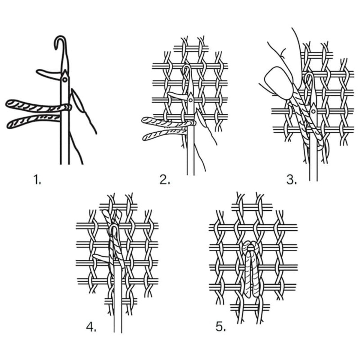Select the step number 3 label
click(x=292, y=180)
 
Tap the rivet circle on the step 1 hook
click(x=64, y=80)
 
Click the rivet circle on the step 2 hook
click(x=190, y=100)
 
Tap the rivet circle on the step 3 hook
click(x=313, y=112)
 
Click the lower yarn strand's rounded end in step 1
click(x=11, y=124)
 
